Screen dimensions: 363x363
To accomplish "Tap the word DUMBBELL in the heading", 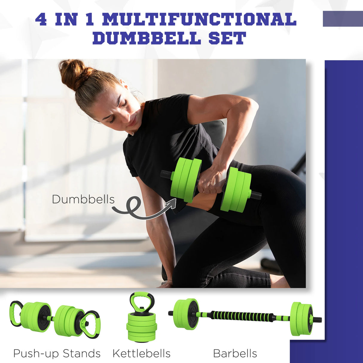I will click(x=147, y=39).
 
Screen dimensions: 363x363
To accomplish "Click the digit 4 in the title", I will click(x=41, y=19).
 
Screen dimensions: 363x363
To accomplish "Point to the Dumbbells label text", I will click(x=83, y=199).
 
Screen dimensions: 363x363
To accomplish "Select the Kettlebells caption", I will click(x=141, y=353).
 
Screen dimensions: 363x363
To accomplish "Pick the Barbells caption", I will click(x=235, y=353).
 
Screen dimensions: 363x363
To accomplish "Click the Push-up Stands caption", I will click(x=57, y=353).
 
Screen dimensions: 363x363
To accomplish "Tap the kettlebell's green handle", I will click(x=142, y=302).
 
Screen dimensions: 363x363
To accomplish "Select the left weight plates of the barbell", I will click(x=185, y=314).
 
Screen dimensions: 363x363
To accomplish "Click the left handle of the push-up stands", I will click(x=16, y=313).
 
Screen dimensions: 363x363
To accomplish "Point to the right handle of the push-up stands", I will click(x=91, y=324).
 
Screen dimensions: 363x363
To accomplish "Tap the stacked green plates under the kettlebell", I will click(x=141, y=328).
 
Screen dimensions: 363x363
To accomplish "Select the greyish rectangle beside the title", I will click(x=343, y=19).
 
